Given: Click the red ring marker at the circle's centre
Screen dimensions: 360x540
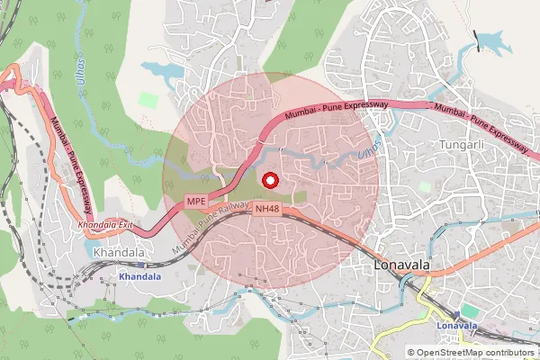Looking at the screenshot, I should (269, 180).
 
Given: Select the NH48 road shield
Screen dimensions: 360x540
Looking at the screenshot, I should (266, 209).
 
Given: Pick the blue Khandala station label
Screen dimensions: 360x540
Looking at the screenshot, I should (139, 276).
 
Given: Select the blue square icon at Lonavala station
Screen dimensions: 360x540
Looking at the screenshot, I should (457, 312).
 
